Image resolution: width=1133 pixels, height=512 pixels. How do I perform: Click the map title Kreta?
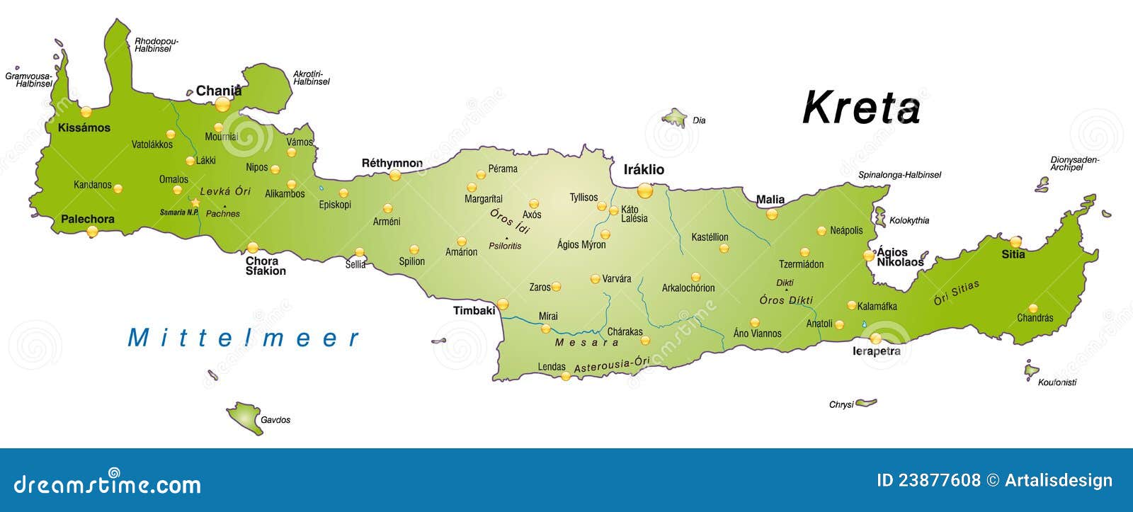click(x=861, y=108)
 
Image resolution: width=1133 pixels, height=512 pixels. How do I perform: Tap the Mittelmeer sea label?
click(x=244, y=339)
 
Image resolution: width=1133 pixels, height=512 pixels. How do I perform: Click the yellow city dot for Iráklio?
click(x=644, y=190)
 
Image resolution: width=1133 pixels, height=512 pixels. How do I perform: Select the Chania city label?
click(x=219, y=91)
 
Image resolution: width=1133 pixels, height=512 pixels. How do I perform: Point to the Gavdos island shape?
click(x=244, y=417)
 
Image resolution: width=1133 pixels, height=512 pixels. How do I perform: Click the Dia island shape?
click(x=676, y=117)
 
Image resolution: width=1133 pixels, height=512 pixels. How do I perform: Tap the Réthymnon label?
click(x=392, y=163)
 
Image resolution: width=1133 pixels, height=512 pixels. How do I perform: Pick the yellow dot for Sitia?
click(x=1015, y=241)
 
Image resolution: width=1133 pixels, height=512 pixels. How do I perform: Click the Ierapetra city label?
click(x=877, y=351)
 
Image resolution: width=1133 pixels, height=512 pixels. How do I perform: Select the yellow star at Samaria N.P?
click(x=195, y=203)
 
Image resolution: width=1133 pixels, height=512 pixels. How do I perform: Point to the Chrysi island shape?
click(x=865, y=403)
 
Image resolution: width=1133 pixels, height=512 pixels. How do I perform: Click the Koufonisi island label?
click(x=1057, y=382)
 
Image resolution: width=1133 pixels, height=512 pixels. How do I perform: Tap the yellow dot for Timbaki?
click(x=503, y=305)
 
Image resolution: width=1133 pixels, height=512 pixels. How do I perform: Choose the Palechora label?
click(x=88, y=219)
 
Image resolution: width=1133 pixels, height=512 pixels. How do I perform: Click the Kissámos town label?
click(x=84, y=127)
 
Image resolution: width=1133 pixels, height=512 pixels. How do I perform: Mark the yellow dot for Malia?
click(x=772, y=214)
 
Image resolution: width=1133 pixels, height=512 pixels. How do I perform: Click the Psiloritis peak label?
click(x=505, y=246)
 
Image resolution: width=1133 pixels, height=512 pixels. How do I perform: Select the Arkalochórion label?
click(x=688, y=288)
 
